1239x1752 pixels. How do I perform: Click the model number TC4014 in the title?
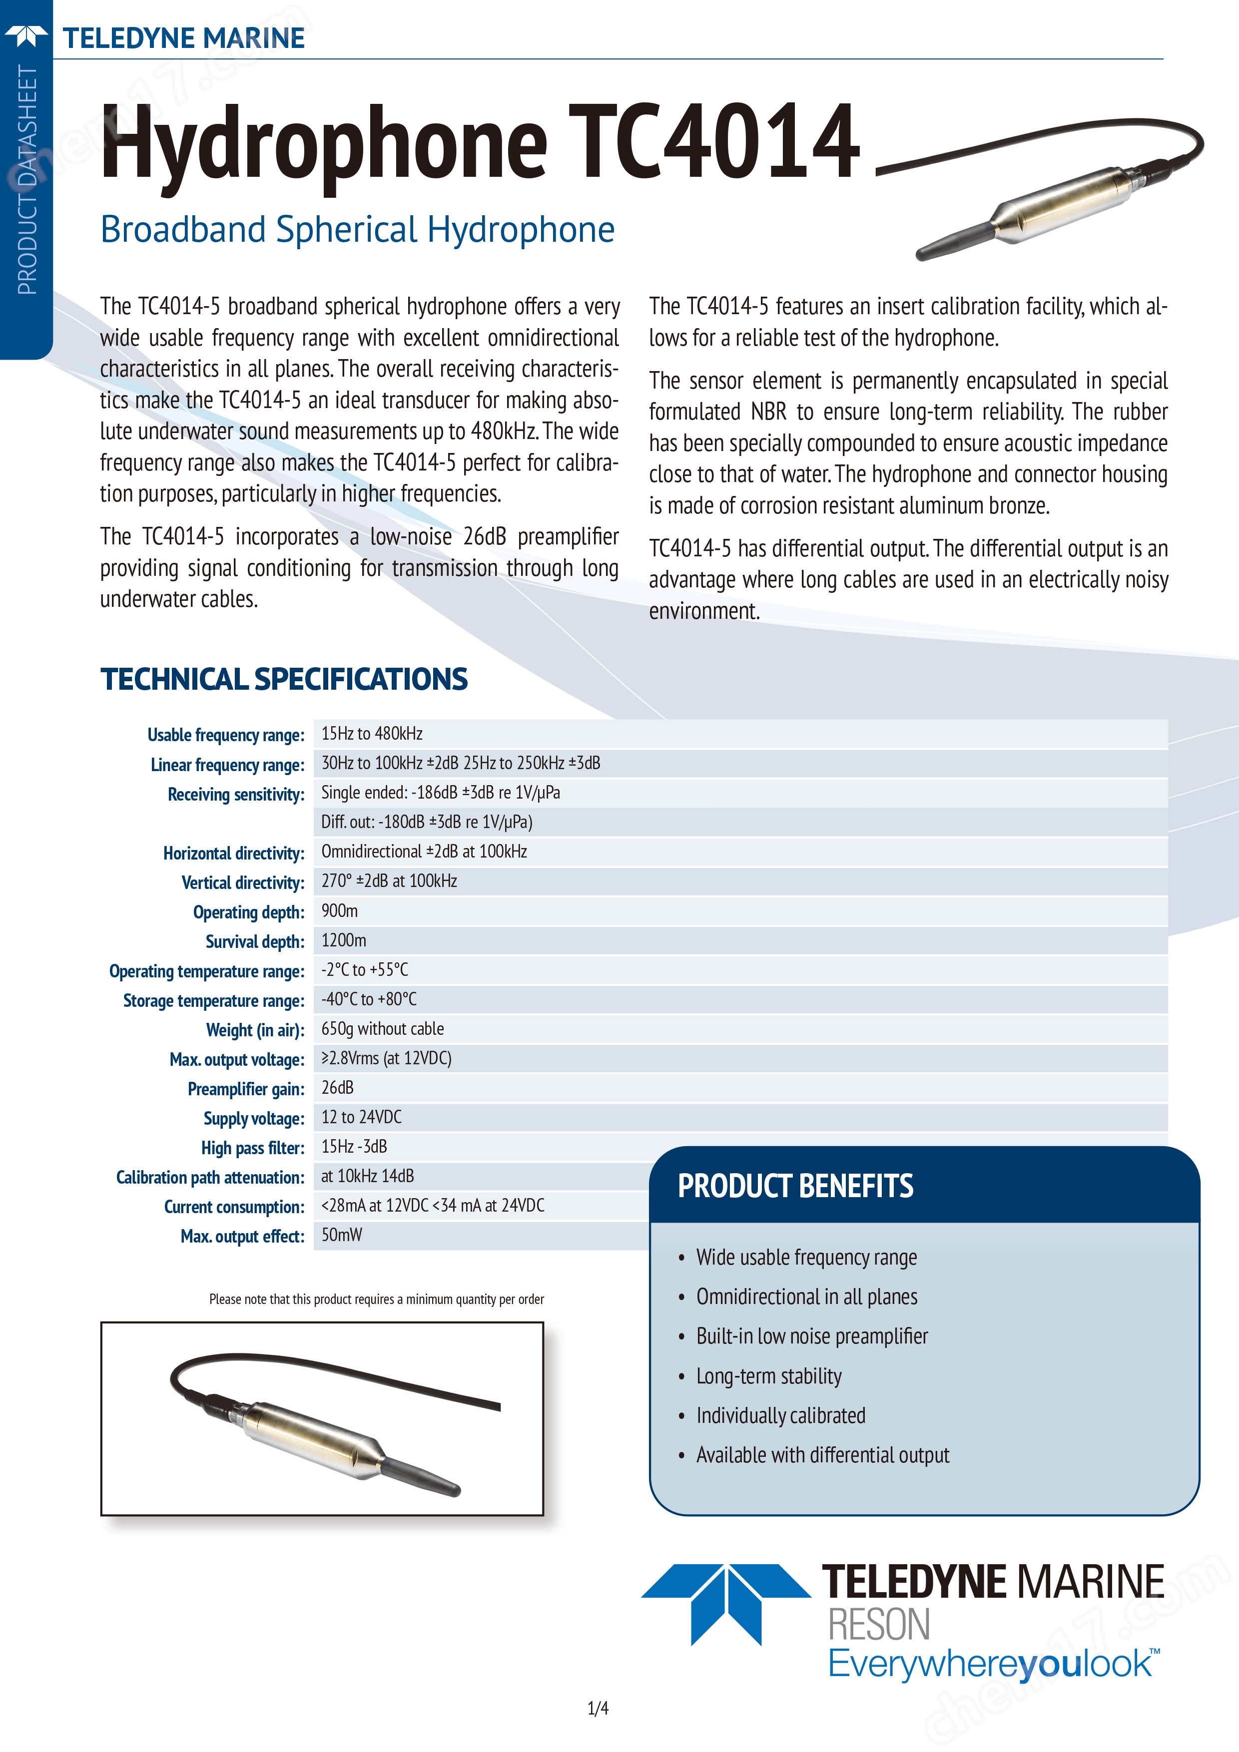coord(714,143)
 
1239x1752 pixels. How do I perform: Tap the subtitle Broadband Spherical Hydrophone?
coord(357,230)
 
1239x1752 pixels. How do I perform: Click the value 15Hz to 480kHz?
coord(372,733)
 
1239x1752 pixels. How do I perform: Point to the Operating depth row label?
coord(248,912)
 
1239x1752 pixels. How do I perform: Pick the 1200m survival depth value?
coord(344,940)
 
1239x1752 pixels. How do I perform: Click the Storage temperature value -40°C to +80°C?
coord(369,999)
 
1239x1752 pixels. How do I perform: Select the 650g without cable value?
coord(383,1029)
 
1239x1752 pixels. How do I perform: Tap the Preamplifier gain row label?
coord(246,1089)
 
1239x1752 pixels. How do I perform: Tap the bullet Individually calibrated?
coord(780,1415)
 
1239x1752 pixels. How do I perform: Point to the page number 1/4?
coord(598,1709)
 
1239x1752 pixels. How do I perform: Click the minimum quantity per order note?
coord(376,1299)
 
